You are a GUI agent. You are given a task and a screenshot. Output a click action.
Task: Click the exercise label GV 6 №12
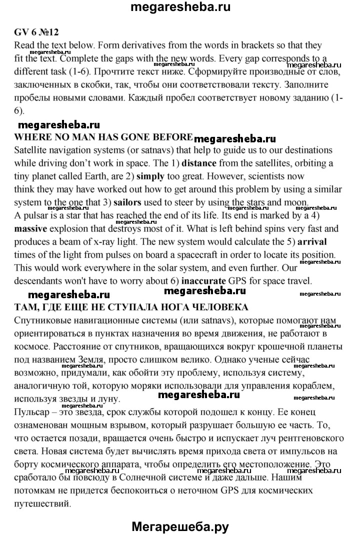click(37, 32)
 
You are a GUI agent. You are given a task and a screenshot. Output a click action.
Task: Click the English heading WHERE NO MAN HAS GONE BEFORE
click(103, 137)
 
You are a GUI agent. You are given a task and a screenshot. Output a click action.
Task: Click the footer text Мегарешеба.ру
click(180, 526)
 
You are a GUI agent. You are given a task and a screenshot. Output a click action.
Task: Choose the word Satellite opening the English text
click(31, 150)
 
